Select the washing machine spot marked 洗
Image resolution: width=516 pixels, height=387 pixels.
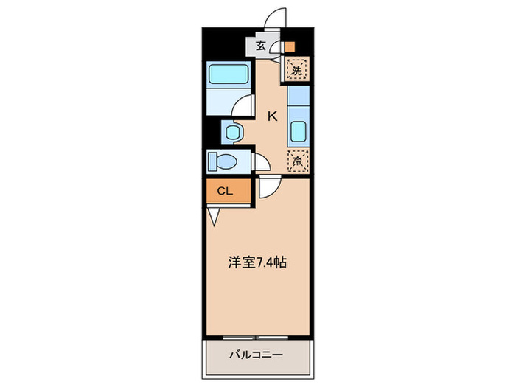point(297,72)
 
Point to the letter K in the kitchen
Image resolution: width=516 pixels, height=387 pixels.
point(272,116)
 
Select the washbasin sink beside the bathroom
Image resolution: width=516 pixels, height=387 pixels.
point(233,133)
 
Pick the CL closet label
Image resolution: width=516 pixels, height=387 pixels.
point(225,191)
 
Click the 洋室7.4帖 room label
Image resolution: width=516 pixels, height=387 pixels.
point(257,261)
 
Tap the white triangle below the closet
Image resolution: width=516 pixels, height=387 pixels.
point(214,216)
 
